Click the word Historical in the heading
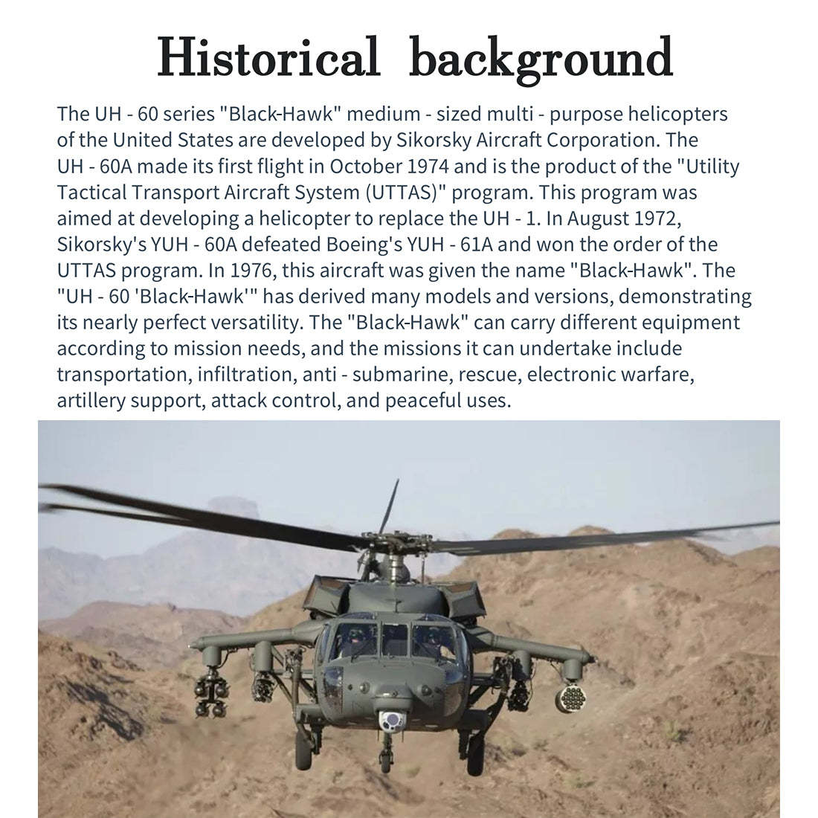click(268, 57)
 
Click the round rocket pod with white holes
click(570, 698)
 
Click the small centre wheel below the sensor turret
click(385, 760)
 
